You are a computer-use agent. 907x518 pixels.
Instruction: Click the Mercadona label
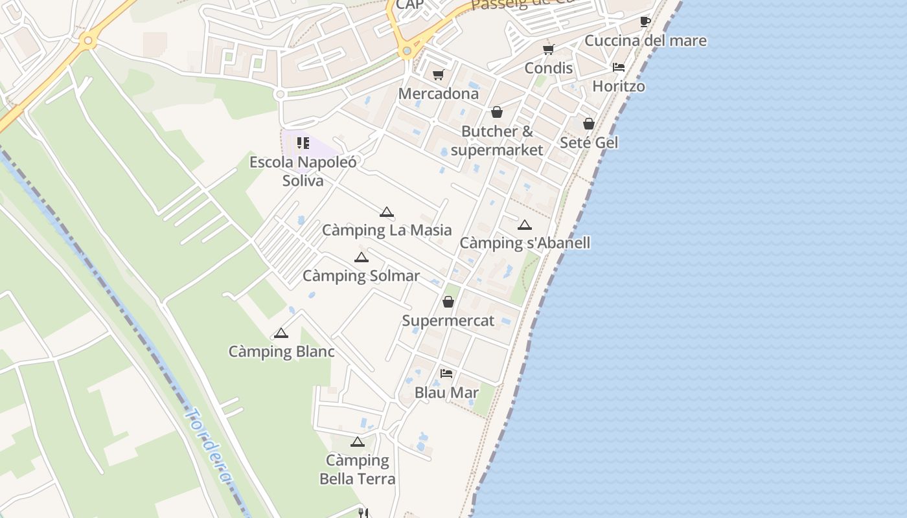pos(438,93)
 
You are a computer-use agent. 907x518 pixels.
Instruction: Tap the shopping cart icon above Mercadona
pos(439,75)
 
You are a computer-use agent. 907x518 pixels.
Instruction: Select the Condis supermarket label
pos(548,68)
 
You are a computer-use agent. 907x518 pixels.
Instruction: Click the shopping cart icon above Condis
pos(549,49)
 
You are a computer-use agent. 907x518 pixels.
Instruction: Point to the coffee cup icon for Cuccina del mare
pos(645,22)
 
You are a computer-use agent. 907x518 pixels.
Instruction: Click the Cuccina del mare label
pos(645,41)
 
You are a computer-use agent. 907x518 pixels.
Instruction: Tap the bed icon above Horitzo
pos(619,67)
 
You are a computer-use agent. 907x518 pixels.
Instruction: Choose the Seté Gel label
pos(589,142)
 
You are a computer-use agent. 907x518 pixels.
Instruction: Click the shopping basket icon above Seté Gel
pos(589,124)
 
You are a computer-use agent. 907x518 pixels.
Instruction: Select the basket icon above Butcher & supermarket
pos(497,113)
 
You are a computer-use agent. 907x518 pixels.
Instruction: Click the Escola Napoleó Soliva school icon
pos(303,143)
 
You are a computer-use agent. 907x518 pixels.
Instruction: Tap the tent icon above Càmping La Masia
pos(387,212)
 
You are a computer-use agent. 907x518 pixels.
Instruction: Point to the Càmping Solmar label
pos(361,276)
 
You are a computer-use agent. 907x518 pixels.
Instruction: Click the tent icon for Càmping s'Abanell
pos(525,225)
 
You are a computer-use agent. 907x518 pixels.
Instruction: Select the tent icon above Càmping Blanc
pos(281,333)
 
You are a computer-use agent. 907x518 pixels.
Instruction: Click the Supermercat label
pos(448,321)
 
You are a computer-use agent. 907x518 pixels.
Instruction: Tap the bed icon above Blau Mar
pos(446,374)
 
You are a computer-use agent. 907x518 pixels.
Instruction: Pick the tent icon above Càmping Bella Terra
pos(357,442)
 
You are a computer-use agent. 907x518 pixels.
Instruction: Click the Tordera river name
pos(208,445)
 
